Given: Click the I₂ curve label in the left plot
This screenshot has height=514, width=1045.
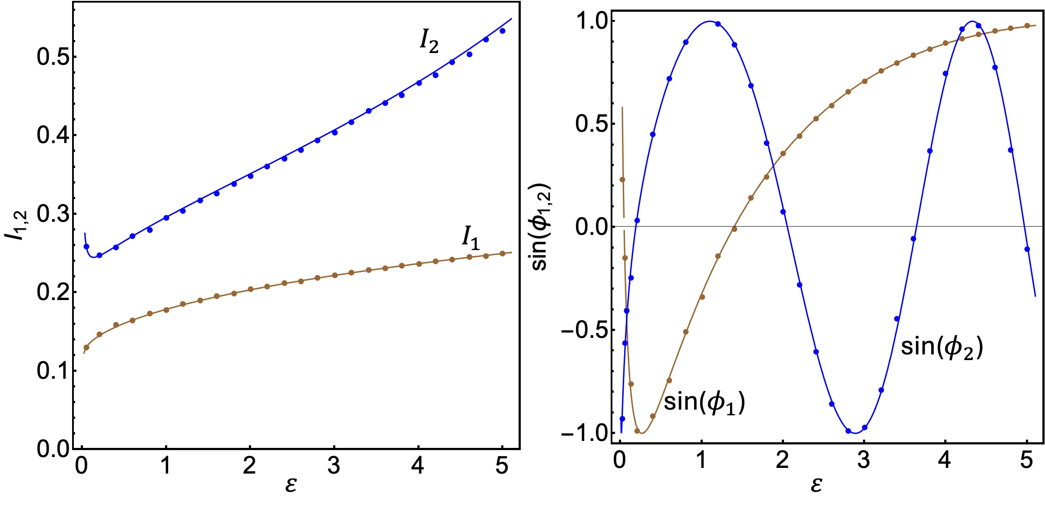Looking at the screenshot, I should [x=429, y=42].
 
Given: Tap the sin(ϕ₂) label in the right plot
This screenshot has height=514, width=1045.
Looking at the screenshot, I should [x=942, y=347].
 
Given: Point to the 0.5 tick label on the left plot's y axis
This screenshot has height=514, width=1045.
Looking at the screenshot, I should [x=53, y=57].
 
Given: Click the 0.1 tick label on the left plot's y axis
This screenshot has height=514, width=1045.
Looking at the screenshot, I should [x=53, y=370].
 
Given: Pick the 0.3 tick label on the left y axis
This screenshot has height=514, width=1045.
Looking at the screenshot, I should [x=53, y=214].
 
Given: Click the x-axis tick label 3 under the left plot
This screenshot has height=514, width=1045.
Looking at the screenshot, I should [x=334, y=466].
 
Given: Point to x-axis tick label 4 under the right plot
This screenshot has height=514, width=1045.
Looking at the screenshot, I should [x=944, y=460].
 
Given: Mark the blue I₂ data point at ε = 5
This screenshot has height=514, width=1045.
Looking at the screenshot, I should [x=503, y=31].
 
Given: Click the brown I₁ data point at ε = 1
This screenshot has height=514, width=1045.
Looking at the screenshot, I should [x=166, y=310].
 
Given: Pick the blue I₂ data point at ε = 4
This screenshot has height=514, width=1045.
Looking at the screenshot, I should [x=419, y=83].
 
